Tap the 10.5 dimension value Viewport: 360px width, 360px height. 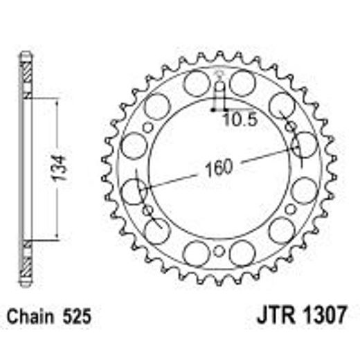pyautogui.click(x=240, y=120)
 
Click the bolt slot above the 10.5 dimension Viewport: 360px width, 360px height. pyautogui.click(x=219, y=91)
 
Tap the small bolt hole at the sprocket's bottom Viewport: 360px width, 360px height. pyautogui.click(x=219, y=251)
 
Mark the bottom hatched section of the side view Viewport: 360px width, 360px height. pyautogui.click(x=26, y=262)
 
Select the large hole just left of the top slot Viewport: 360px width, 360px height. pyautogui.click(x=197, y=84)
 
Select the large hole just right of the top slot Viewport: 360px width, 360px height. pyautogui.click(x=242, y=84)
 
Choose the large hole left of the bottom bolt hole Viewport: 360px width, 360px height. pyautogui.click(x=197, y=253)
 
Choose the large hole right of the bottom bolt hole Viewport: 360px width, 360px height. pyautogui.click(x=242, y=253)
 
